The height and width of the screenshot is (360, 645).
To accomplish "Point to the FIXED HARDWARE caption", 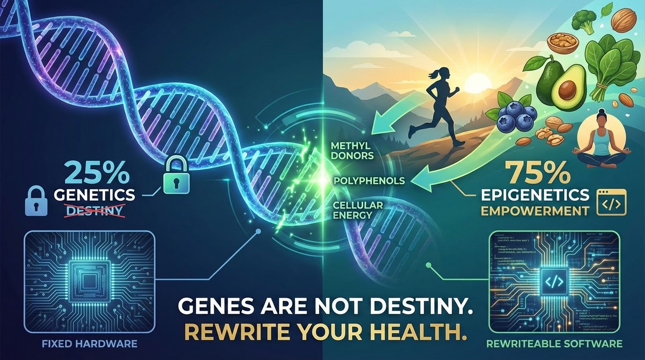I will [90, 344].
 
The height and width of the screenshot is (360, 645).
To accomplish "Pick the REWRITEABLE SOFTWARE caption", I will [554, 344].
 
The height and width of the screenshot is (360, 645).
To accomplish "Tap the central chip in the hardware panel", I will [89, 280].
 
